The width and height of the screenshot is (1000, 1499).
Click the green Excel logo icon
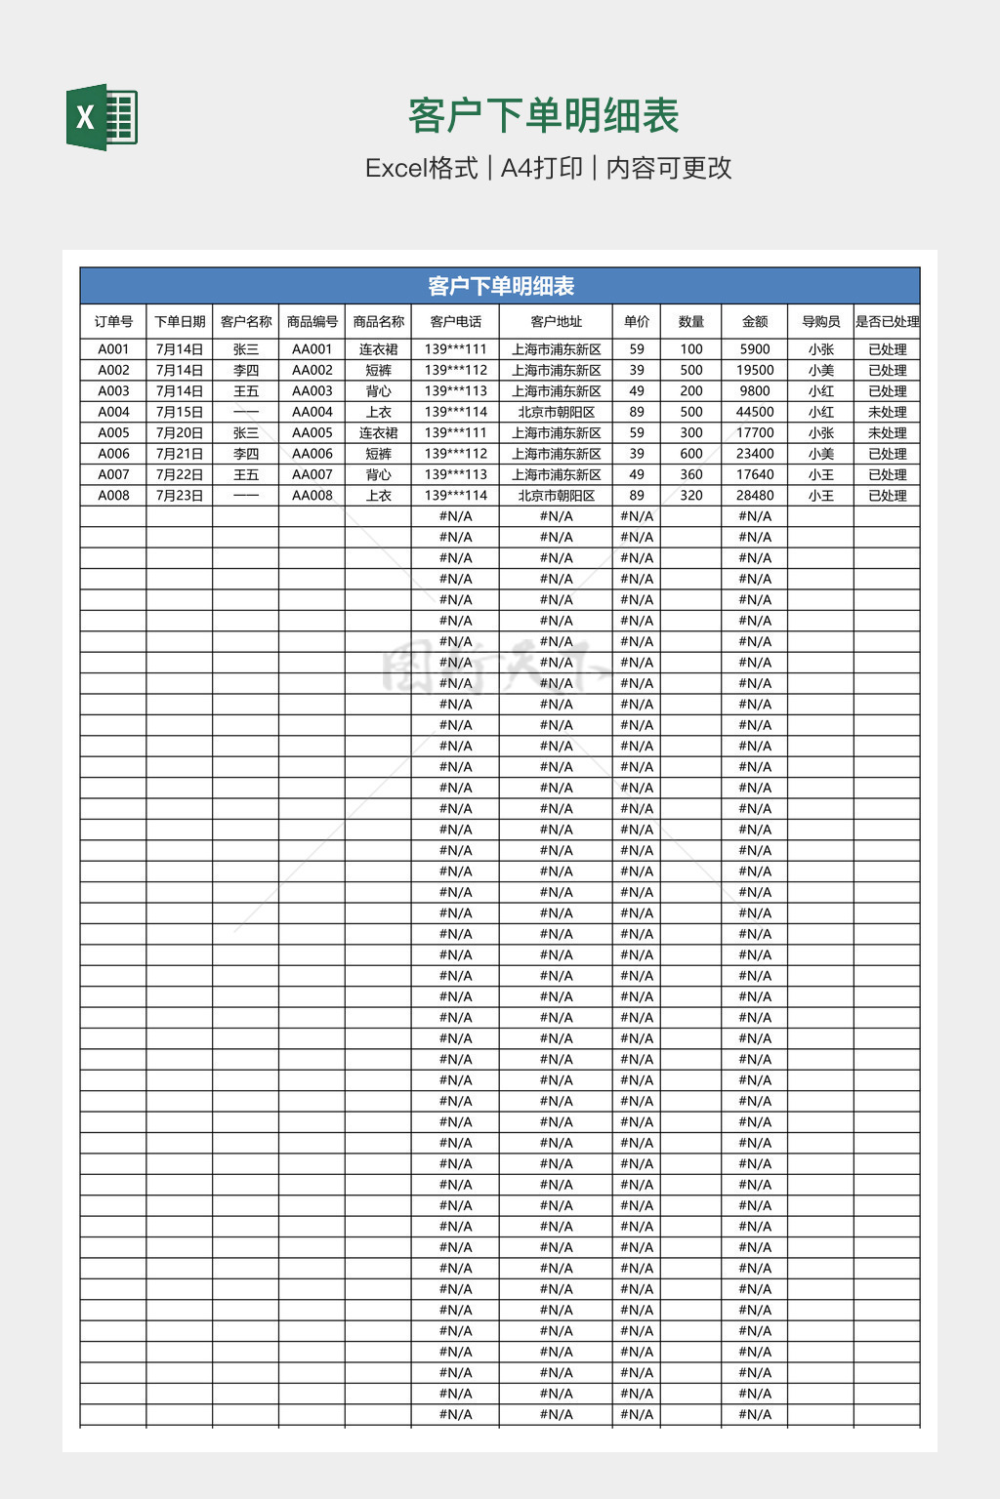[x=102, y=117]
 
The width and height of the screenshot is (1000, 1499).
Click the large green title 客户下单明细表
[x=543, y=116]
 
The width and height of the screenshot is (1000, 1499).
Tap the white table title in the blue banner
[x=500, y=286]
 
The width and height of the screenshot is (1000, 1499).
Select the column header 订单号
[x=113, y=321]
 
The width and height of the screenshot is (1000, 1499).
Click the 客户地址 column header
[x=556, y=321]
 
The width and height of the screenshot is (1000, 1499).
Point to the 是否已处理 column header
[x=887, y=321]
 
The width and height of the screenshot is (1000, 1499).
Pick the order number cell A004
[x=113, y=412]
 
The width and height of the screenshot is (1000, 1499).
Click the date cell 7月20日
[x=180, y=432]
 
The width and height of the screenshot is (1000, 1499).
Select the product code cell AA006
[x=312, y=454]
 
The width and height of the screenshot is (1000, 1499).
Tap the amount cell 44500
[x=754, y=412]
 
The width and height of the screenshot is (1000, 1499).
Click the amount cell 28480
[x=754, y=496]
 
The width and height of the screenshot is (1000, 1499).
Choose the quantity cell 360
[x=691, y=474]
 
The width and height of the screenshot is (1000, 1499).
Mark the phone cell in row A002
[x=455, y=370]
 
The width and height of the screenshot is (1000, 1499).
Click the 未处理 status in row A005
[x=887, y=432]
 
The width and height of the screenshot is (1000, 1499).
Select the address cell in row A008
[x=556, y=496]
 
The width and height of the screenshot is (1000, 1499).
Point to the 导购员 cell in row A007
[x=820, y=474]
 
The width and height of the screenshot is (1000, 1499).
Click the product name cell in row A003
[x=378, y=391]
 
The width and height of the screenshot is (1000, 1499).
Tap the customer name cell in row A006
[x=246, y=454]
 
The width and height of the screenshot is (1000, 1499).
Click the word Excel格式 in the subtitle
[x=422, y=168]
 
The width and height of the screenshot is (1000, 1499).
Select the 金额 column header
[x=754, y=321]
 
